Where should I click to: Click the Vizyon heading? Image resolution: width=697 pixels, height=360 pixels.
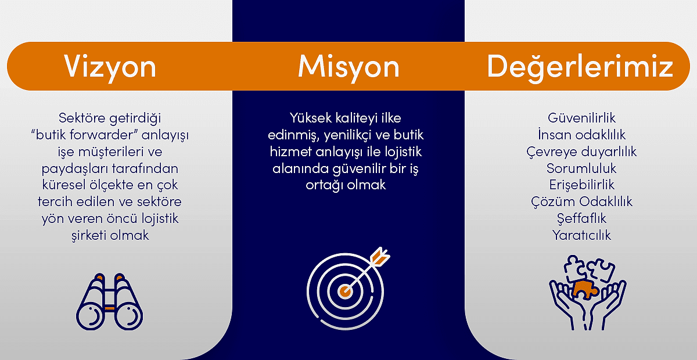pyautogui.click(x=110, y=67)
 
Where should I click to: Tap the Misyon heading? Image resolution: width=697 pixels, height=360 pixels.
pyautogui.click(x=348, y=67)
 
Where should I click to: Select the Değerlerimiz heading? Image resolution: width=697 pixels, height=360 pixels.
pyautogui.click(x=580, y=67)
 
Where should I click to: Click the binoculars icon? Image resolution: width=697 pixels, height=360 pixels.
pyautogui.click(x=110, y=302)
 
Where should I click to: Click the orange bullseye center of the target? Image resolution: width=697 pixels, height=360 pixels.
pyautogui.click(x=345, y=291)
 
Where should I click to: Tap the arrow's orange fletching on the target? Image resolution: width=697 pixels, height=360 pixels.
pyautogui.click(x=380, y=257)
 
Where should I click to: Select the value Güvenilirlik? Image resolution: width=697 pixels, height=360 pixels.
pyautogui.click(x=581, y=118)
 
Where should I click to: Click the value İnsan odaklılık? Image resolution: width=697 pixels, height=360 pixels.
pyautogui.click(x=581, y=134)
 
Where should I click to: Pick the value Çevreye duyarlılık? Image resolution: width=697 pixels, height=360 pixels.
pyautogui.click(x=581, y=152)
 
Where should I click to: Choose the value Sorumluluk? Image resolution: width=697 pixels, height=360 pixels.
pyautogui.click(x=581, y=168)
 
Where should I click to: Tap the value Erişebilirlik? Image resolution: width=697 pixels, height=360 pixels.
pyautogui.click(x=581, y=185)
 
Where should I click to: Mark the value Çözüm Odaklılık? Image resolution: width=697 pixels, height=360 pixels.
pyautogui.click(x=581, y=201)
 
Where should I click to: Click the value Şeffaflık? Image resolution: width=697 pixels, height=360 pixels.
pyautogui.click(x=581, y=218)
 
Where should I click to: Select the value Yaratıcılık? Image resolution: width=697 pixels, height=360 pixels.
pyautogui.click(x=581, y=235)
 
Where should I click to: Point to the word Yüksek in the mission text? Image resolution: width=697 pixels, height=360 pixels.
pyautogui.click(x=311, y=118)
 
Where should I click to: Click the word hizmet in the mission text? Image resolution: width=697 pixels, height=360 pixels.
pyautogui.click(x=290, y=152)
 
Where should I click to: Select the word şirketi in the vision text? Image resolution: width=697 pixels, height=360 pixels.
pyautogui.click(x=89, y=236)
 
